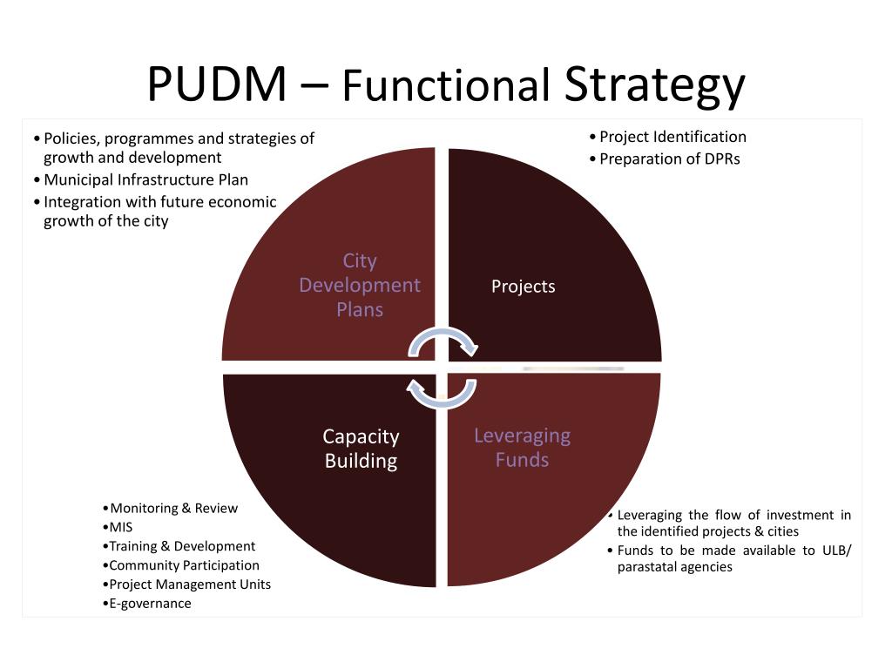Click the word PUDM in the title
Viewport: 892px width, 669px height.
point(216,84)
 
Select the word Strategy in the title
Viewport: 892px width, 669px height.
point(654,86)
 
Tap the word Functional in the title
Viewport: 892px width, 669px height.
point(445,86)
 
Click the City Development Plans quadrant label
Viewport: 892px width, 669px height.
point(359,285)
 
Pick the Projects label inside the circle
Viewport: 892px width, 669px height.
point(523,287)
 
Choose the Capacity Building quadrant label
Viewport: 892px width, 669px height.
point(361,449)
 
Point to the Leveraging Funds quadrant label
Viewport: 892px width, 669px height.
point(522,448)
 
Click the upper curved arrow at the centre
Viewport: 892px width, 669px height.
point(443,341)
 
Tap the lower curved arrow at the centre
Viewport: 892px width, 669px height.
point(443,393)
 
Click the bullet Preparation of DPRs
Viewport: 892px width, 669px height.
point(669,159)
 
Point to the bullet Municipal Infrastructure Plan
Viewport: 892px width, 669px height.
point(145,180)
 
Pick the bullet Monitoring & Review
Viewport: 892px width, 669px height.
point(173,509)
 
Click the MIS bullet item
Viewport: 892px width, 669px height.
point(121,528)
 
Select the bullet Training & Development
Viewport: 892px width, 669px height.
point(182,547)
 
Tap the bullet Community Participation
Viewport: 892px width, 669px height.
point(184,566)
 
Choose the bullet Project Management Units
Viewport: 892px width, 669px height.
point(190,585)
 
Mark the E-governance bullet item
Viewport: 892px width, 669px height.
point(150,604)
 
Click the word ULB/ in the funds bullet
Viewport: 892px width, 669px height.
point(836,550)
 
